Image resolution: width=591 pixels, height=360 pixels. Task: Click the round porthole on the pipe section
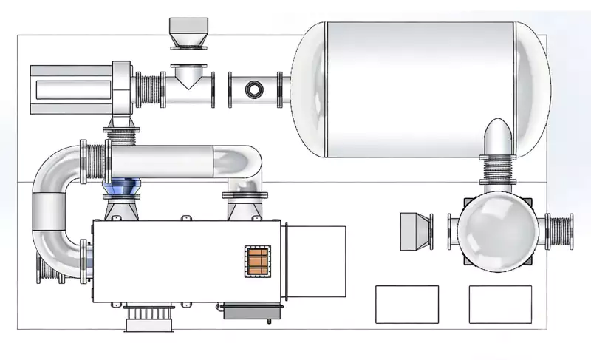254,89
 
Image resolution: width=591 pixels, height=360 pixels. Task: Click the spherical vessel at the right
494,229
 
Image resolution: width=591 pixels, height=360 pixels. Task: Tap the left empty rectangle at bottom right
406,303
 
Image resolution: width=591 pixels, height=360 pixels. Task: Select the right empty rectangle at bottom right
500,303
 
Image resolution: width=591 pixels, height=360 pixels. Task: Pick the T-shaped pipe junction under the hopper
185,86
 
